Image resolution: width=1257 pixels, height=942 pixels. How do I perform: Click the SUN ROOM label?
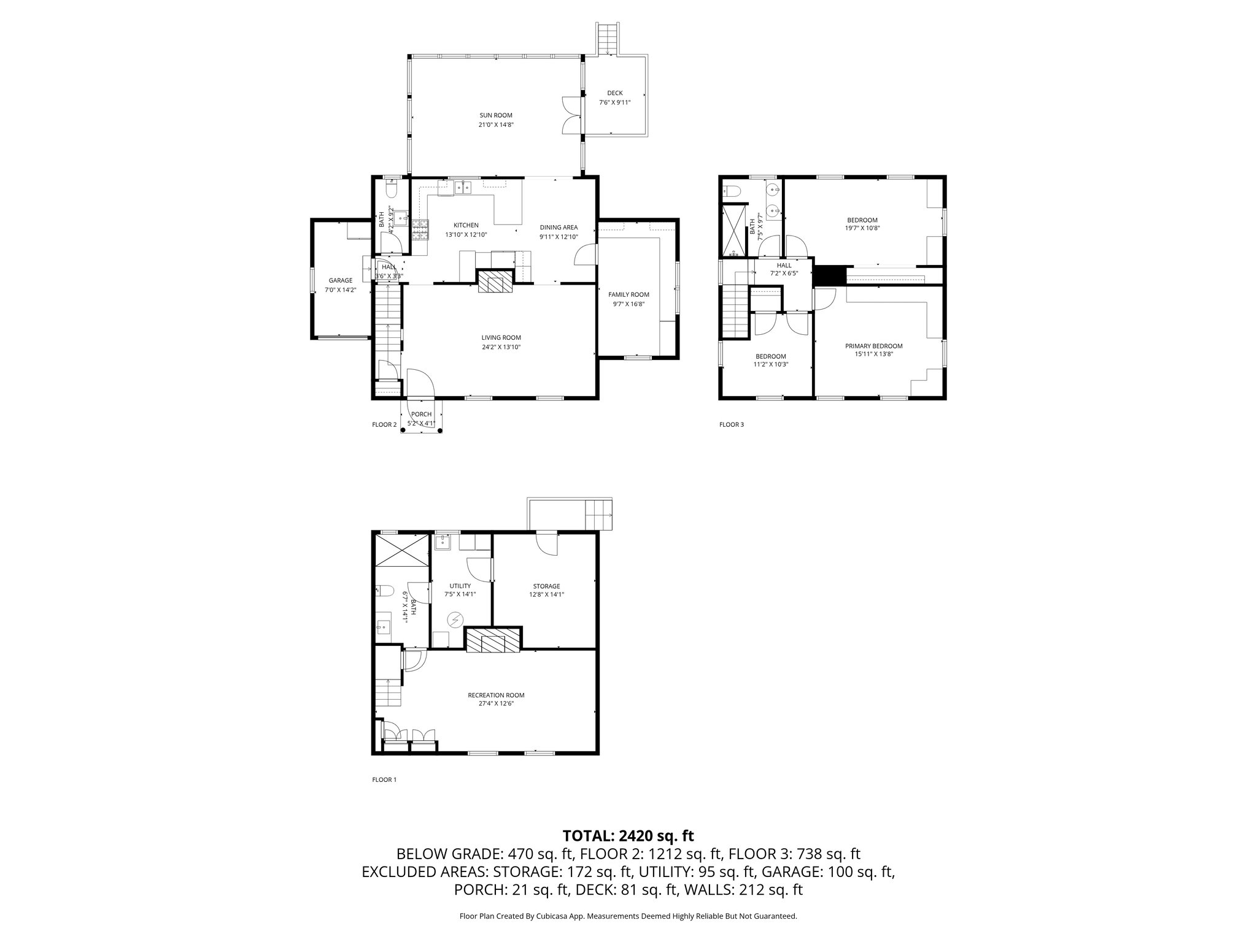tap(495, 115)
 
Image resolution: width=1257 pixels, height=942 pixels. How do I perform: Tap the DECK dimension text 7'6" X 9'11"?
tap(614, 102)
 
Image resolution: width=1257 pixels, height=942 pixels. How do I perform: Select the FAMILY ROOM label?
tap(628, 294)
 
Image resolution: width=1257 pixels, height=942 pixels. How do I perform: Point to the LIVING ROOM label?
tap(501, 337)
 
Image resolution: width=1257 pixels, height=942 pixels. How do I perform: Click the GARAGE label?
tap(340, 280)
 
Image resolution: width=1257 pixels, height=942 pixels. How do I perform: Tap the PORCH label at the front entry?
tap(421, 415)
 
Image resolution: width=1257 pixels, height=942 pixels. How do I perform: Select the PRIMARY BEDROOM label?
tap(878, 346)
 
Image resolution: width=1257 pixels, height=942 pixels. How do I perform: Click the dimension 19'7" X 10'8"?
tap(862, 229)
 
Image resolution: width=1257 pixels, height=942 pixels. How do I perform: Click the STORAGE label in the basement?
tap(546, 586)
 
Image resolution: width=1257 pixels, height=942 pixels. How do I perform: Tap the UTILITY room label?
tap(460, 586)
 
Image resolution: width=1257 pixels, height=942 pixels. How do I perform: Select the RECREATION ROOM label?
tap(496, 695)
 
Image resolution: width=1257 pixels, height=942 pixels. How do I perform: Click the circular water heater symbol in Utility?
tap(455, 621)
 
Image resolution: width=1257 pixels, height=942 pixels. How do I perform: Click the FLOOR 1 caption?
tap(384, 780)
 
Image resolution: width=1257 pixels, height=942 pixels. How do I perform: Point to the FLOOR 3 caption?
tap(732, 424)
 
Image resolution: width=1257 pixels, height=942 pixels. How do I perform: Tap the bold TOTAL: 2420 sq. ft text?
tap(628, 835)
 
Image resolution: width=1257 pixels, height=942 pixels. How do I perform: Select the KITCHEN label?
tap(466, 225)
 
